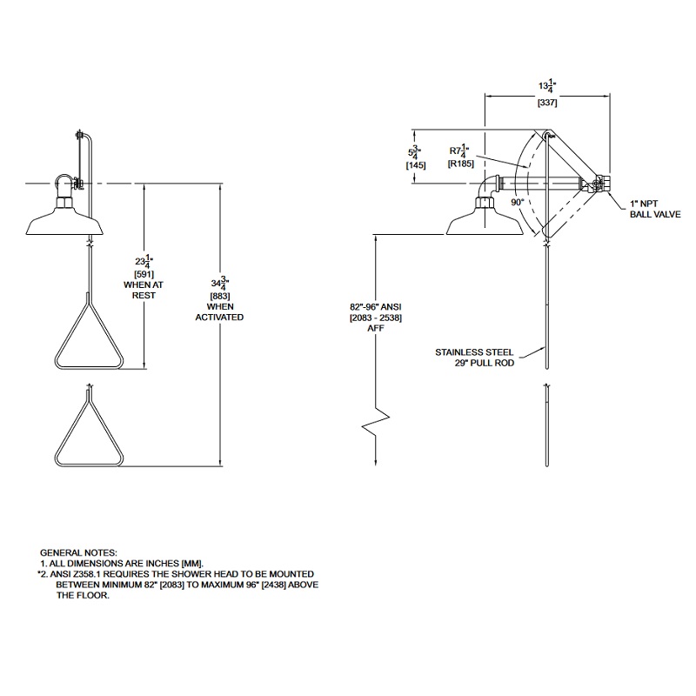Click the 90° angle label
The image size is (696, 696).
click(x=516, y=201)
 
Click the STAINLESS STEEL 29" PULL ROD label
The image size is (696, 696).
click(x=475, y=358)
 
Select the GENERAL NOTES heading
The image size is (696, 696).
click(x=77, y=552)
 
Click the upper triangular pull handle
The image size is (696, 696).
click(x=89, y=335)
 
